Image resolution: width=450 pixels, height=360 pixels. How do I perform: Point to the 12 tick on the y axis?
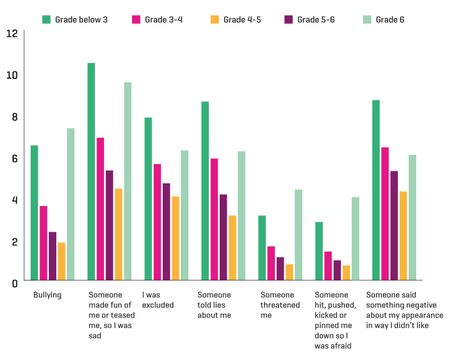pyautogui.click(x=11, y=33)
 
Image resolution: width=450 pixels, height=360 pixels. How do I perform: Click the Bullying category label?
pyautogui.click(x=47, y=295)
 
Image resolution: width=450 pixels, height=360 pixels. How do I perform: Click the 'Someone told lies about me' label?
pyautogui.click(x=215, y=305)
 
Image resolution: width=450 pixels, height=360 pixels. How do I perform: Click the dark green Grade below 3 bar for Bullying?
pyautogui.click(x=34, y=213)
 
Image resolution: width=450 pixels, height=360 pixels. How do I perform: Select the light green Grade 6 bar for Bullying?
pyautogui.click(x=71, y=204)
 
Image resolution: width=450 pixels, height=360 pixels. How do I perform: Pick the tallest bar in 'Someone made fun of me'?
pyautogui.click(x=91, y=172)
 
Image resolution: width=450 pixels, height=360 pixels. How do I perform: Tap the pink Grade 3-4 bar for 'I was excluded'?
pyautogui.click(x=157, y=222)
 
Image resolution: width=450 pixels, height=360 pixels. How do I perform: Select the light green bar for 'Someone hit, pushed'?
pyautogui.click(x=355, y=239)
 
